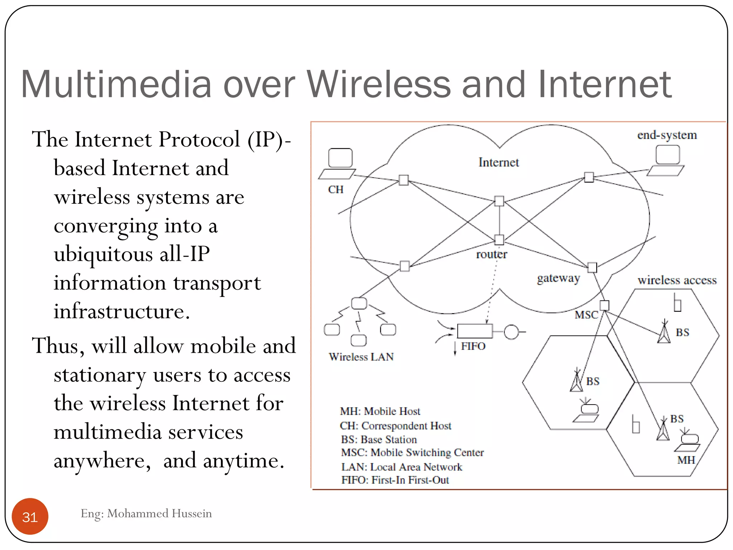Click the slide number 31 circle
(x=30, y=516)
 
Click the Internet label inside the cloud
(x=499, y=163)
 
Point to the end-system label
(x=667, y=135)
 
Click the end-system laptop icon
(x=667, y=161)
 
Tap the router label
(x=491, y=254)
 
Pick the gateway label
(x=558, y=278)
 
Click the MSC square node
(x=604, y=305)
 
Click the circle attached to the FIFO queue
(x=511, y=332)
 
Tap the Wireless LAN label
(x=361, y=357)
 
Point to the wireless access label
(x=677, y=280)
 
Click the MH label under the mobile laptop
(x=686, y=460)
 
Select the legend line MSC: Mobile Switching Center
(x=412, y=453)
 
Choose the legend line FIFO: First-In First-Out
(x=395, y=480)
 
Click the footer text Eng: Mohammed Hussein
(x=146, y=513)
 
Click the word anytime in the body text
(x=243, y=461)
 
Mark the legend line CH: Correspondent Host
(x=395, y=426)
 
